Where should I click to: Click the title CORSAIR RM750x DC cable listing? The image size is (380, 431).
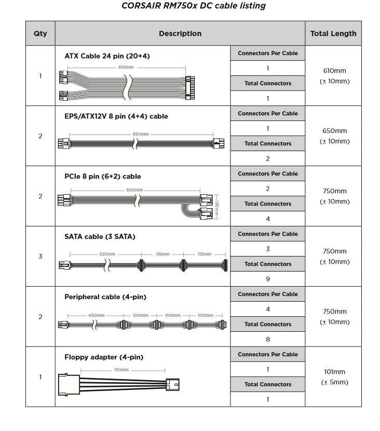(194, 6)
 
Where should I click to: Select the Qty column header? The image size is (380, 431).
(40, 34)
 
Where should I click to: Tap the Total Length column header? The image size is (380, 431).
(333, 34)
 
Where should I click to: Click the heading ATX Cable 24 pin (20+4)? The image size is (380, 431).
(107, 56)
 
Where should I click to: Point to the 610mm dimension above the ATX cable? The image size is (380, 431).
(126, 67)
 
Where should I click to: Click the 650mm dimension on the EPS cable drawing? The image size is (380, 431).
(141, 134)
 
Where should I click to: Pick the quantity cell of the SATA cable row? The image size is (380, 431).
(40, 257)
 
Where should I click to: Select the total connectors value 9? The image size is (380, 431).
(268, 279)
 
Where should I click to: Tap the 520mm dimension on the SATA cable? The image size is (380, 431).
(107, 254)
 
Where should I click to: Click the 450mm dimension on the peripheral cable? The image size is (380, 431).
(97, 315)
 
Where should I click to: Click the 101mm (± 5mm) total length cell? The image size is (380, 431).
(335, 377)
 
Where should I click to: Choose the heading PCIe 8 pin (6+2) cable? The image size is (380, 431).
(103, 177)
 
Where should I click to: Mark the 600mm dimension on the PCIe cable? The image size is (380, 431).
(134, 190)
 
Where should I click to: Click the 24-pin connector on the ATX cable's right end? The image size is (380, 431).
(190, 88)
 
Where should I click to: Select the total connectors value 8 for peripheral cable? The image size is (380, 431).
(268, 339)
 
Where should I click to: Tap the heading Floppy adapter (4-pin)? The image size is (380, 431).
(104, 357)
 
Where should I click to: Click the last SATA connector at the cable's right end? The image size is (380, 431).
(226, 265)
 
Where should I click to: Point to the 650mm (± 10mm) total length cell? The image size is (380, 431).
(335, 136)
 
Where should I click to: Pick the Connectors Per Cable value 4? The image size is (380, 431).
(268, 309)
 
